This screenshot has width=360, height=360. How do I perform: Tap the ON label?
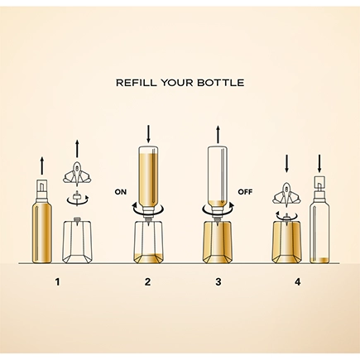click(x=121, y=192)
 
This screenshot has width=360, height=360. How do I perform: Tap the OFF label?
click(x=245, y=192)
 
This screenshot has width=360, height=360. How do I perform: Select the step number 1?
click(x=57, y=282)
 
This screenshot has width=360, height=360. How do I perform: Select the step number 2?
click(x=148, y=282)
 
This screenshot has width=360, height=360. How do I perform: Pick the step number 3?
click(x=218, y=282)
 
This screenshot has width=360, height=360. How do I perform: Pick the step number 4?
click(x=297, y=282)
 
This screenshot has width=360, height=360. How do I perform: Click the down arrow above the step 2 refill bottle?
click(x=148, y=134)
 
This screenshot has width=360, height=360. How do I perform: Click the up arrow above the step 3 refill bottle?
click(x=218, y=134)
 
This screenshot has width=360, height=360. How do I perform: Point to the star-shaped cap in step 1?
click(x=77, y=174)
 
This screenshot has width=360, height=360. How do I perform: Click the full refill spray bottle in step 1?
click(x=41, y=221)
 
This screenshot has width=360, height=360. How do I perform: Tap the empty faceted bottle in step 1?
click(x=77, y=240)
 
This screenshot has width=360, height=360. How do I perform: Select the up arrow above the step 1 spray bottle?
click(x=41, y=166)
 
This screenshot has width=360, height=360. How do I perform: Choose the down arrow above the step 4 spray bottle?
click(x=319, y=163)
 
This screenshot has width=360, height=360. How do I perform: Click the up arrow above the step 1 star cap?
click(x=77, y=149)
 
